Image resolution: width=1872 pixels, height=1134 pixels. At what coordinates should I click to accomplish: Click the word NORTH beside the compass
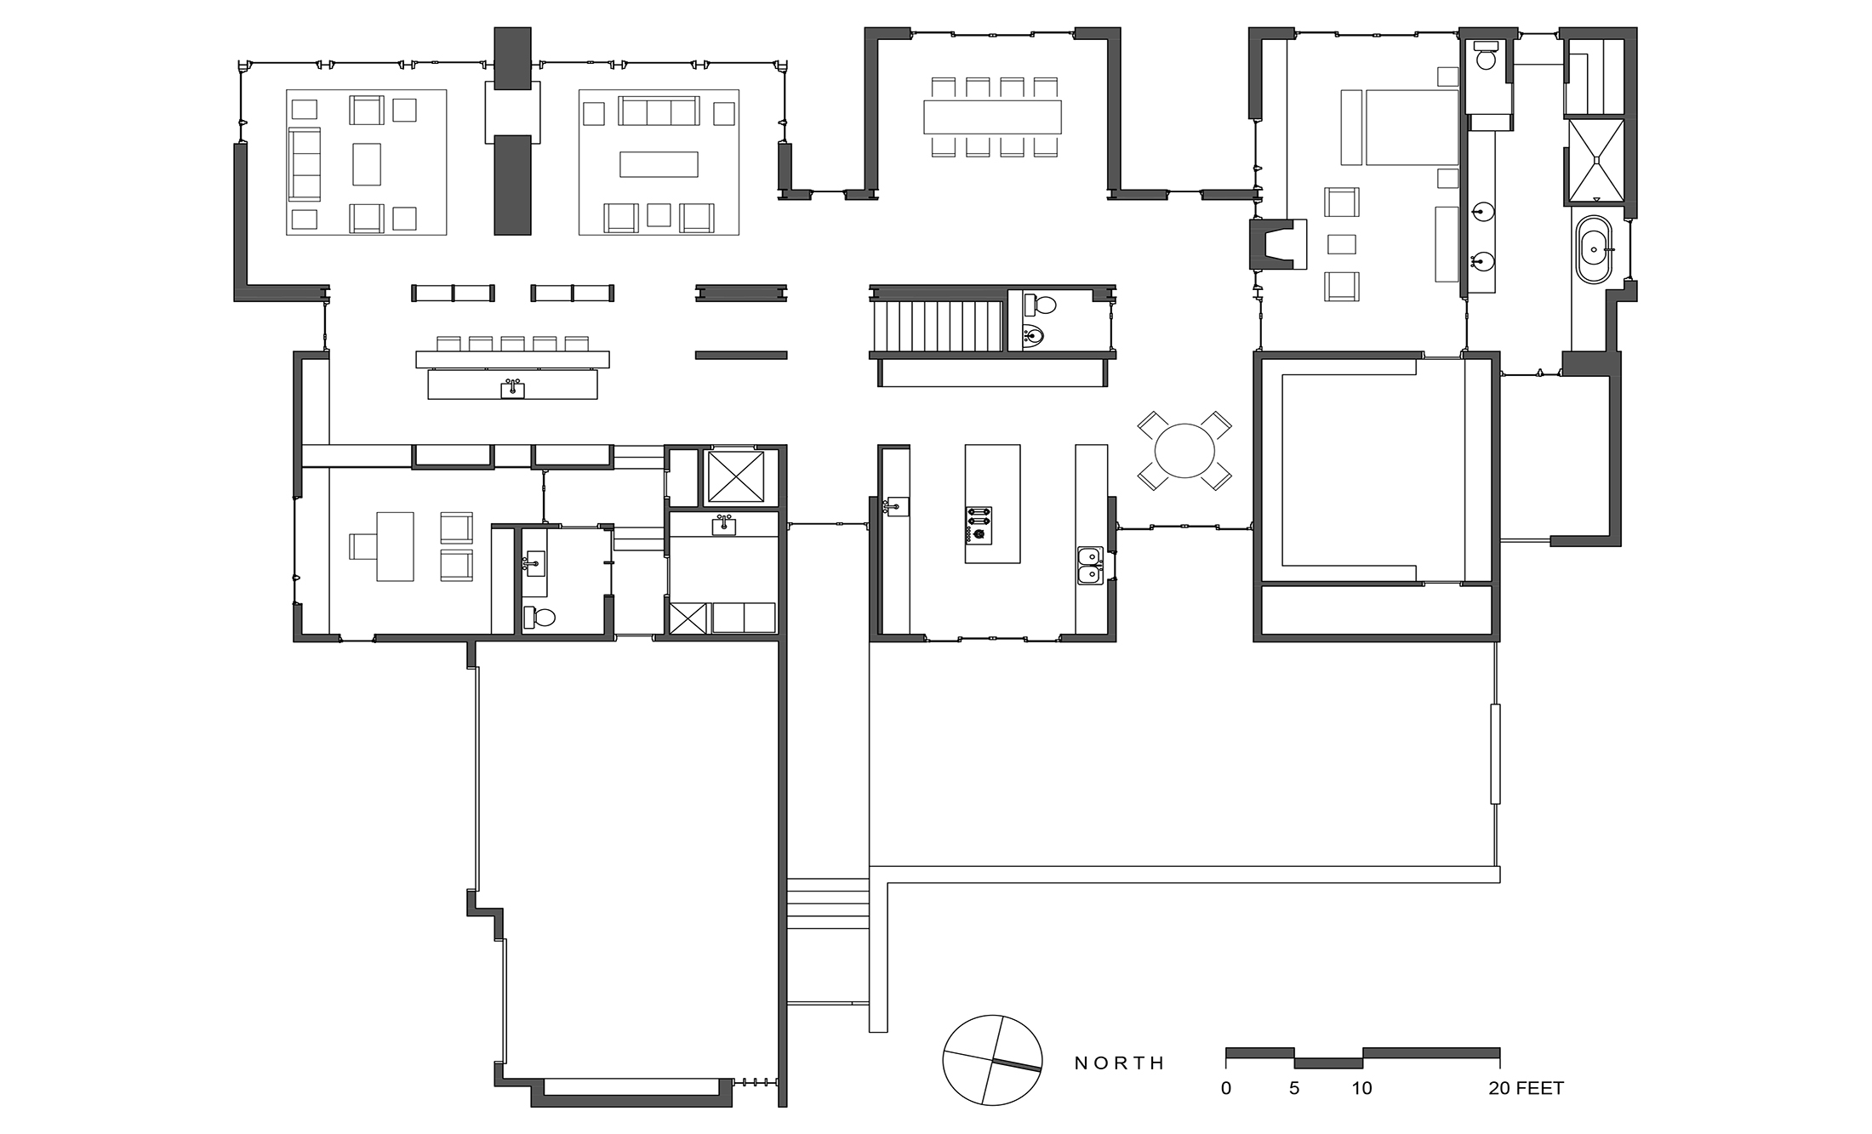pos(1119,1063)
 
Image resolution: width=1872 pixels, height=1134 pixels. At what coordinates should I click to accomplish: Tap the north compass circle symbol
pos(992,1060)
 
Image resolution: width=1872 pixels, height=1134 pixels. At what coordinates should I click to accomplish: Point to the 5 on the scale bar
pos(1294,1088)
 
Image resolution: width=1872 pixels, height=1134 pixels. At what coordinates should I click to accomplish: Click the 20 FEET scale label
pos(1526,1088)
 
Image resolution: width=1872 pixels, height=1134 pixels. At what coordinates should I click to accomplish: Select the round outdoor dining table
pos(1184,452)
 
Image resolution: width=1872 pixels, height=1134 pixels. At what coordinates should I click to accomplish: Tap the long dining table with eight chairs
pos(992,117)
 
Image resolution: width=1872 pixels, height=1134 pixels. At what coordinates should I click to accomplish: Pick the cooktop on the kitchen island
pos(979,524)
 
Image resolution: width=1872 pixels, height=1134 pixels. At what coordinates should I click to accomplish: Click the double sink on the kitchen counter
pos(1090,565)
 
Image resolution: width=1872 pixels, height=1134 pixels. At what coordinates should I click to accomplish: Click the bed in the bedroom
pos(1411,128)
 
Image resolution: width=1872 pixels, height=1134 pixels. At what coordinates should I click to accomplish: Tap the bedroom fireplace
pos(1276,244)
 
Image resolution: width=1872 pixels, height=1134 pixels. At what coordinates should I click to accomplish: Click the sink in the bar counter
pos(512,389)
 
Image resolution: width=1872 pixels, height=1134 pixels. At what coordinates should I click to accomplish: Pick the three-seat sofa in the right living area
pos(658,111)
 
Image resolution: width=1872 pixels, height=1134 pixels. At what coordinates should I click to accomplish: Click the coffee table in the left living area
pos(367,163)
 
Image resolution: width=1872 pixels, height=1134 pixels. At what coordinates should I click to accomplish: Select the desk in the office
pos(394,546)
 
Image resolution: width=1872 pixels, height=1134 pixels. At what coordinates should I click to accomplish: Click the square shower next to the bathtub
pos(1596,161)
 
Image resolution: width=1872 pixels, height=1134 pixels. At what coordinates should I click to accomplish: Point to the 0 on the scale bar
pos(1226,1088)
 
